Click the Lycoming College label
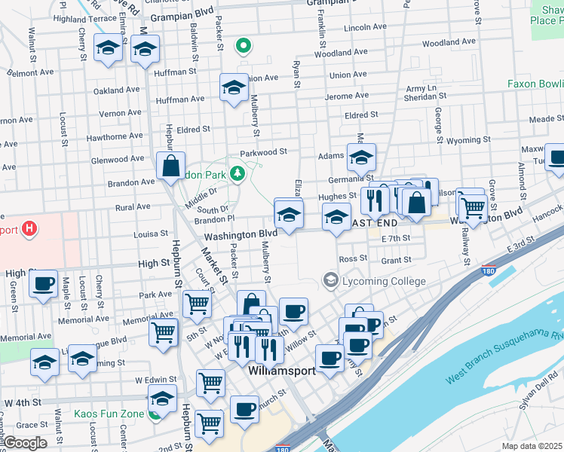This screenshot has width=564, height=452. pos(384,281)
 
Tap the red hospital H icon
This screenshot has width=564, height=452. pos(29,229)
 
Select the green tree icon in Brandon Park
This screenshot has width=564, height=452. pos(238,174)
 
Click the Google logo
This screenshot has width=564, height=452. pos(25,443)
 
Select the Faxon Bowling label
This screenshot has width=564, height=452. pos(535,84)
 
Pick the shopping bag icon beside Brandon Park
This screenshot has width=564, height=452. pos(171,164)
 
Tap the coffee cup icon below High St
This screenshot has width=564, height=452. pos(44,284)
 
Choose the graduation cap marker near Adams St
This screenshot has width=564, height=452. pos(361,157)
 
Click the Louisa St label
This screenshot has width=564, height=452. pos(151,234)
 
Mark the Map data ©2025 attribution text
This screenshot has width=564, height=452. pos(532,446)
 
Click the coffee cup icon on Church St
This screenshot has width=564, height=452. pos(244,409)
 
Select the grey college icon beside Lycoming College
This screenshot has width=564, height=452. pos(330,280)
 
